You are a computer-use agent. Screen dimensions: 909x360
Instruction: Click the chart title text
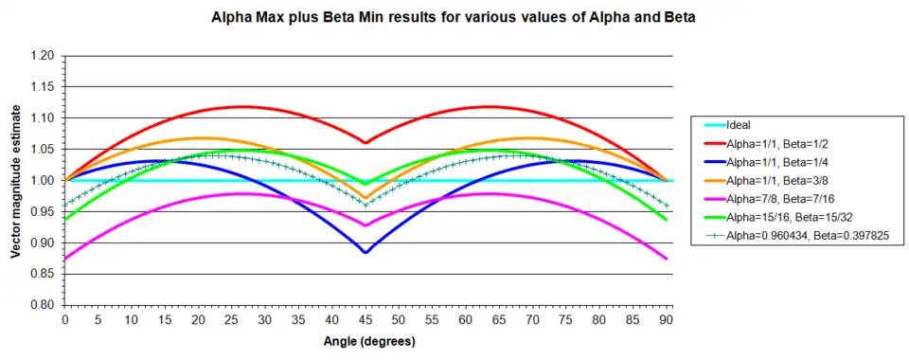pyautogui.click(x=454, y=17)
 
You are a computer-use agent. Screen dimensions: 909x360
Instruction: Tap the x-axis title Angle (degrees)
pyautogui.click(x=369, y=341)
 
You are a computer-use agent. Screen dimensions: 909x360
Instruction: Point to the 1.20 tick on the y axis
pyautogui.click(x=46, y=56)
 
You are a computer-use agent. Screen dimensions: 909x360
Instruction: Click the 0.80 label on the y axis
pyautogui.click(x=46, y=305)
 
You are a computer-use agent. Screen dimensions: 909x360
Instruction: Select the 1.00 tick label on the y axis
pyautogui.click(x=46, y=181)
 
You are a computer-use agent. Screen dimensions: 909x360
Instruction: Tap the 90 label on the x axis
pyautogui.click(x=667, y=319)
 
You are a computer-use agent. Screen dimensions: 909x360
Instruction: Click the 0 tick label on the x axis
pyautogui.click(x=65, y=319)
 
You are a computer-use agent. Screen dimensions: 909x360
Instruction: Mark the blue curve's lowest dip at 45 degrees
pyautogui.click(x=365, y=252)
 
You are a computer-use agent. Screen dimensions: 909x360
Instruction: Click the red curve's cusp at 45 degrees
pyautogui.click(x=365, y=142)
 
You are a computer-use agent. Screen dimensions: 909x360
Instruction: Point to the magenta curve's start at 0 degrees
pyautogui.click(x=65, y=259)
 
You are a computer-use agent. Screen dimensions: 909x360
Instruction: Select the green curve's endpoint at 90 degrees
pyautogui.click(x=667, y=219)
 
